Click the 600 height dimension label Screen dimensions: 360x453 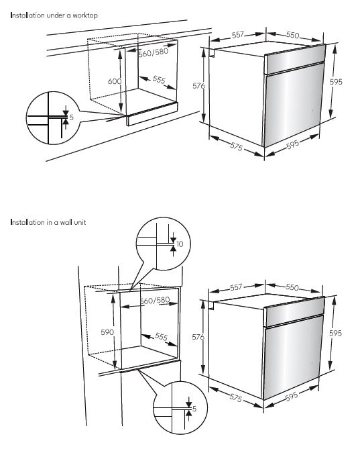click(115, 81)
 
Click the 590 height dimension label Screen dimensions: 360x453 click(107, 332)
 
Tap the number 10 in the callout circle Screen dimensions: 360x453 click(180, 244)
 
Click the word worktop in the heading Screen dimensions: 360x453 click(85, 15)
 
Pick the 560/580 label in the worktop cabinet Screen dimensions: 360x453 click(154, 52)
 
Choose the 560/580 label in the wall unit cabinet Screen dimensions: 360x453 click(155, 301)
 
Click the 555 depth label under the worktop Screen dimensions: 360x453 click(159, 79)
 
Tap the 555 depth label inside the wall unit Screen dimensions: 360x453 click(161, 337)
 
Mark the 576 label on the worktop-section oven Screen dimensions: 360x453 click(199, 86)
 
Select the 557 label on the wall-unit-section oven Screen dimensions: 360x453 click(236, 287)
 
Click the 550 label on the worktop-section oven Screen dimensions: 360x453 click(292, 35)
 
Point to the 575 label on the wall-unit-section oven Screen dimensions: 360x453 click(236, 398)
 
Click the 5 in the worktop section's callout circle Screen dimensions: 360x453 click(72, 117)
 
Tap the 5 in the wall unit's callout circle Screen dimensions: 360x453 click(194, 409)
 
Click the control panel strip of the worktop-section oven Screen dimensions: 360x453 click(295, 59)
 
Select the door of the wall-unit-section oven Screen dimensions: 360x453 click(292, 357)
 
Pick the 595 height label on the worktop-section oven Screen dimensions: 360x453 click(336, 82)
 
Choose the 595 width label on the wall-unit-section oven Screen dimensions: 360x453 click(292, 397)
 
